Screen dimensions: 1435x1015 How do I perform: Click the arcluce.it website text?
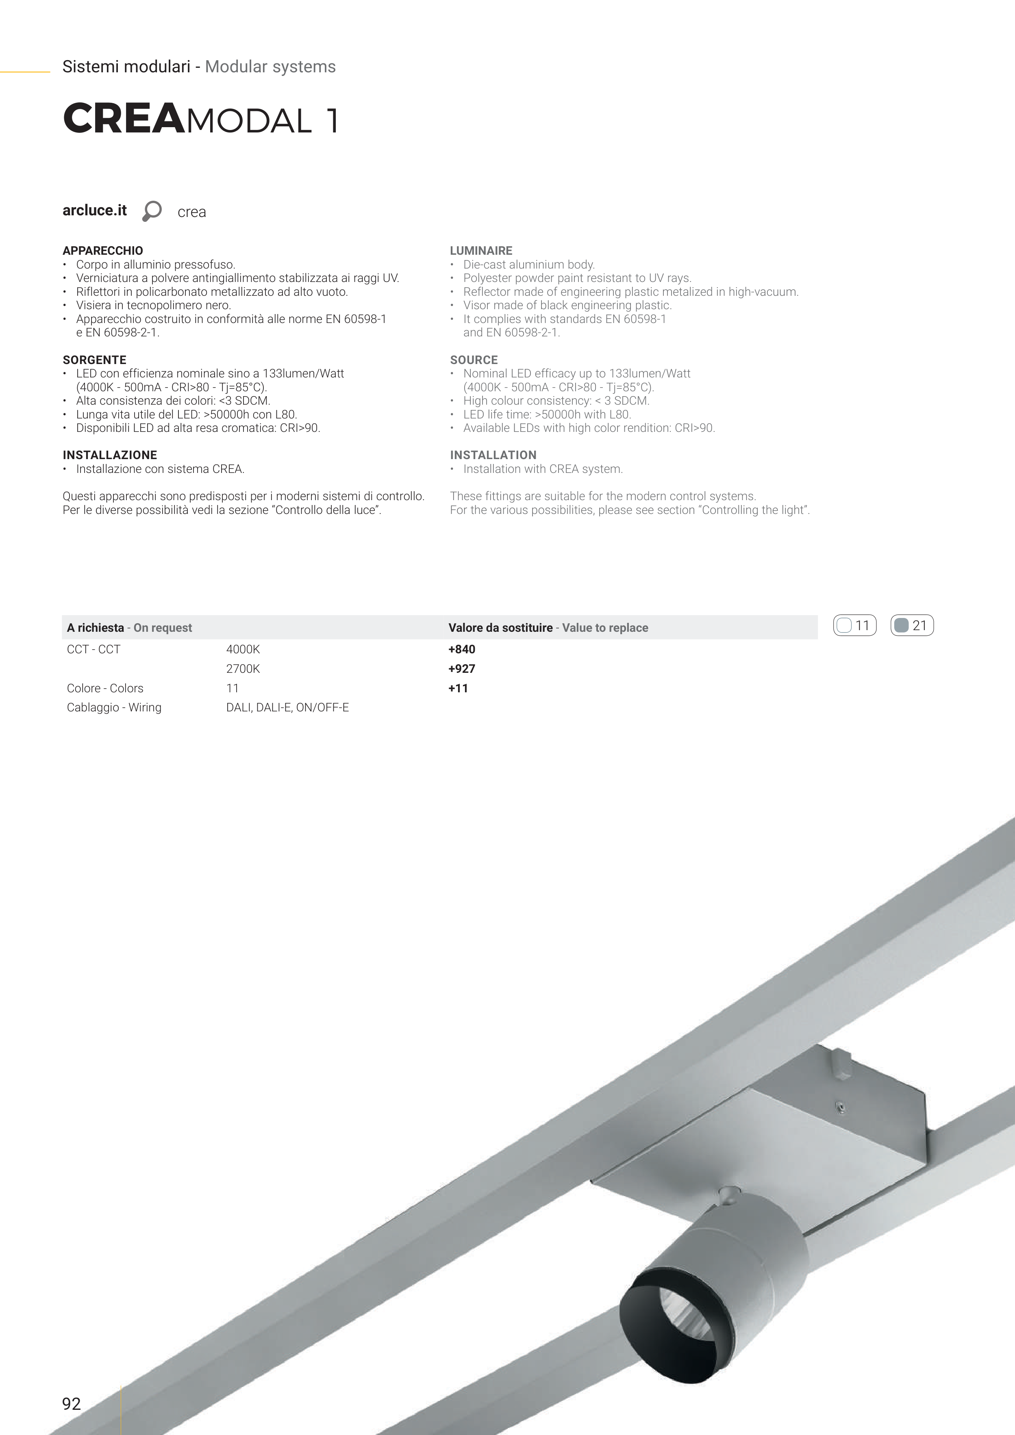(94, 210)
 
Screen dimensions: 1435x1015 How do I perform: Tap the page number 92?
(71, 1404)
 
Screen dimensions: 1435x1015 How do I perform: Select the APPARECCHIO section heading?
(102, 251)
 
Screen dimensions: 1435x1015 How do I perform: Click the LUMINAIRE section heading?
(481, 251)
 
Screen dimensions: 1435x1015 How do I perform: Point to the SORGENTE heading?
(94, 360)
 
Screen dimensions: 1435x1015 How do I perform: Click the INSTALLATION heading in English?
(493, 455)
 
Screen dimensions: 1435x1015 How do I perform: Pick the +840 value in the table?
(461, 649)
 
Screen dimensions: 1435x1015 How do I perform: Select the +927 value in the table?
(461, 669)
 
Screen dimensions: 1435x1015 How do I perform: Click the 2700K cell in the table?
(243, 669)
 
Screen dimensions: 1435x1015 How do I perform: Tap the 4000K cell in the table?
(243, 649)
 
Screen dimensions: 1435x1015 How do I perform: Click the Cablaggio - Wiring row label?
(114, 707)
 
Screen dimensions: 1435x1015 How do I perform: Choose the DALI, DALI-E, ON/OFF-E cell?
(287, 707)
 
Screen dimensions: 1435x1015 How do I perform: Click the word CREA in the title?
(124, 119)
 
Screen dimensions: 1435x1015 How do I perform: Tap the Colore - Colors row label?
(105, 688)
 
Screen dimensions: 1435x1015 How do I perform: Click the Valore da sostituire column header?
(500, 627)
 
